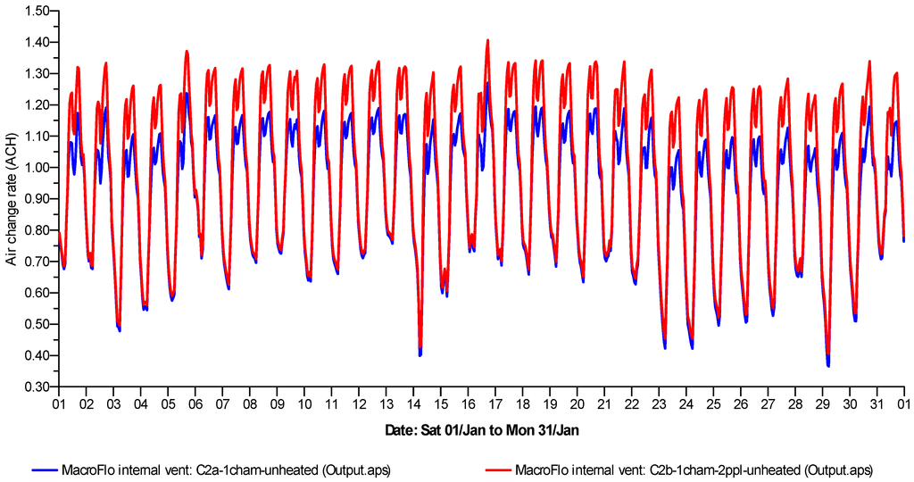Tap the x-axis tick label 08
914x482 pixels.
[249, 403]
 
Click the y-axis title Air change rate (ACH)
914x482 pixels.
[12, 198]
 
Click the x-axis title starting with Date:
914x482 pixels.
[482, 431]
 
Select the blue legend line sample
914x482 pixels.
[44, 469]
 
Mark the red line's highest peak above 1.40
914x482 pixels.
[487, 40]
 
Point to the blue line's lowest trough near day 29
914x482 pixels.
[828, 365]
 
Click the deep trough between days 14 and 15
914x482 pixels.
[420, 353]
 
